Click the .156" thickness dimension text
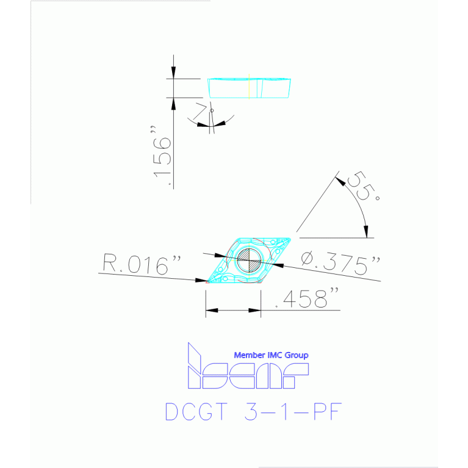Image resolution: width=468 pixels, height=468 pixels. point(162,156)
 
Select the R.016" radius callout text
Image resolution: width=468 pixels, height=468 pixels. point(142,264)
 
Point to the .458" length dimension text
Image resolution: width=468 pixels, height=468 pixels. point(307,298)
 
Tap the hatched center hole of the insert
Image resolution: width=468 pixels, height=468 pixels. point(249,261)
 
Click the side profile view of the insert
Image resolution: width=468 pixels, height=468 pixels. point(249,88)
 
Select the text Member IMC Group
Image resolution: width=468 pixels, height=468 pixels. point(271,355)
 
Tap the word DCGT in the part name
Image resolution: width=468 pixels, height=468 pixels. point(196,412)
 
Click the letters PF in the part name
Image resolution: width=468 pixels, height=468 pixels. point(327,412)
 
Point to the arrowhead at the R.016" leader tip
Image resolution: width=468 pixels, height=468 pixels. point(201,280)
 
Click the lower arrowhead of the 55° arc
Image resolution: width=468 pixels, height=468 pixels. point(366,232)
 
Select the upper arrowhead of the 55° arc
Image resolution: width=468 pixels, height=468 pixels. point(340,181)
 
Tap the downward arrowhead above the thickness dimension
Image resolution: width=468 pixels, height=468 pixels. point(173,73)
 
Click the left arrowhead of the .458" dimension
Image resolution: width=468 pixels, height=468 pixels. point(212,311)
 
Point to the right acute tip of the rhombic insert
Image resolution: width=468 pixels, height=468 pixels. point(290,239)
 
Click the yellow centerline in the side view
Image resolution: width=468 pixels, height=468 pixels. point(249,87)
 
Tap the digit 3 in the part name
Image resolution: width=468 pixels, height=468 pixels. point(251,412)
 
